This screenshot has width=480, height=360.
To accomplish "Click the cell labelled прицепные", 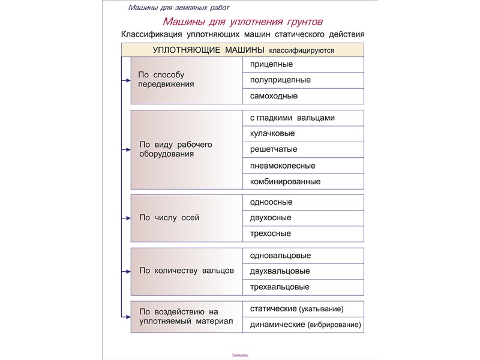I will [x=303, y=64].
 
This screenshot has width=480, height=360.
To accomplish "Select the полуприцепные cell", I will [x=303, y=80].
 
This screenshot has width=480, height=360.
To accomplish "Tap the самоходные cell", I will [x=303, y=96].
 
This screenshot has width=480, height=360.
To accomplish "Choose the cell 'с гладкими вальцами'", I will [x=303, y=118].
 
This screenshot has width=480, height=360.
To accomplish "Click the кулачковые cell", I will [x=303, y=134].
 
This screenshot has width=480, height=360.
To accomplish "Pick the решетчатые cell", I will [x=303, y=149].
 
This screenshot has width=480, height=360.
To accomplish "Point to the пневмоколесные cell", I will [x=303, y=166].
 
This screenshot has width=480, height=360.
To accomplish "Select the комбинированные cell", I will [x=303, y=181].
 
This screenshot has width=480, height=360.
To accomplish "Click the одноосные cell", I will [x=303, y=202].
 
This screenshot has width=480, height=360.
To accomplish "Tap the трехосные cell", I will [x=303, y=233].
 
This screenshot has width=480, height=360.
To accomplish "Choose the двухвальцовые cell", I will [x=303, y=271].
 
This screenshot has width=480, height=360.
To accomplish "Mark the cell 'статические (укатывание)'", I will [x=303, y=309].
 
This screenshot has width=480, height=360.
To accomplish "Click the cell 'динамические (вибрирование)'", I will [x=303, y=325].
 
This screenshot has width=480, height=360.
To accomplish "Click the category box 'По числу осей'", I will [x=186, y=218].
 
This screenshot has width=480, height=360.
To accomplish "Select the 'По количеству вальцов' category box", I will [x=186, y=271].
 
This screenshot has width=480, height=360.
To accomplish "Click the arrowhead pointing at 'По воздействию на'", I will [x=128, y=317].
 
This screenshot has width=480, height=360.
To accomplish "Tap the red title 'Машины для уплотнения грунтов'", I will [x=243, y=22].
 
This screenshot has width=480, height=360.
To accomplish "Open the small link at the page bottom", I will [x=240, y=355].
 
